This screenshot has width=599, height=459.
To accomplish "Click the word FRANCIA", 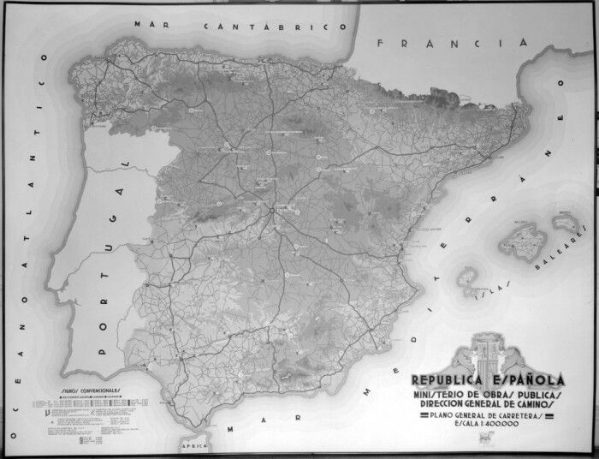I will click(x=435, y=42).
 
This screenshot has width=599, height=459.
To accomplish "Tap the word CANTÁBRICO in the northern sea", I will click(x=266, y=27).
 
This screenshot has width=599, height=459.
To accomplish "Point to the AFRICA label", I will click(x=196, y=447).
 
